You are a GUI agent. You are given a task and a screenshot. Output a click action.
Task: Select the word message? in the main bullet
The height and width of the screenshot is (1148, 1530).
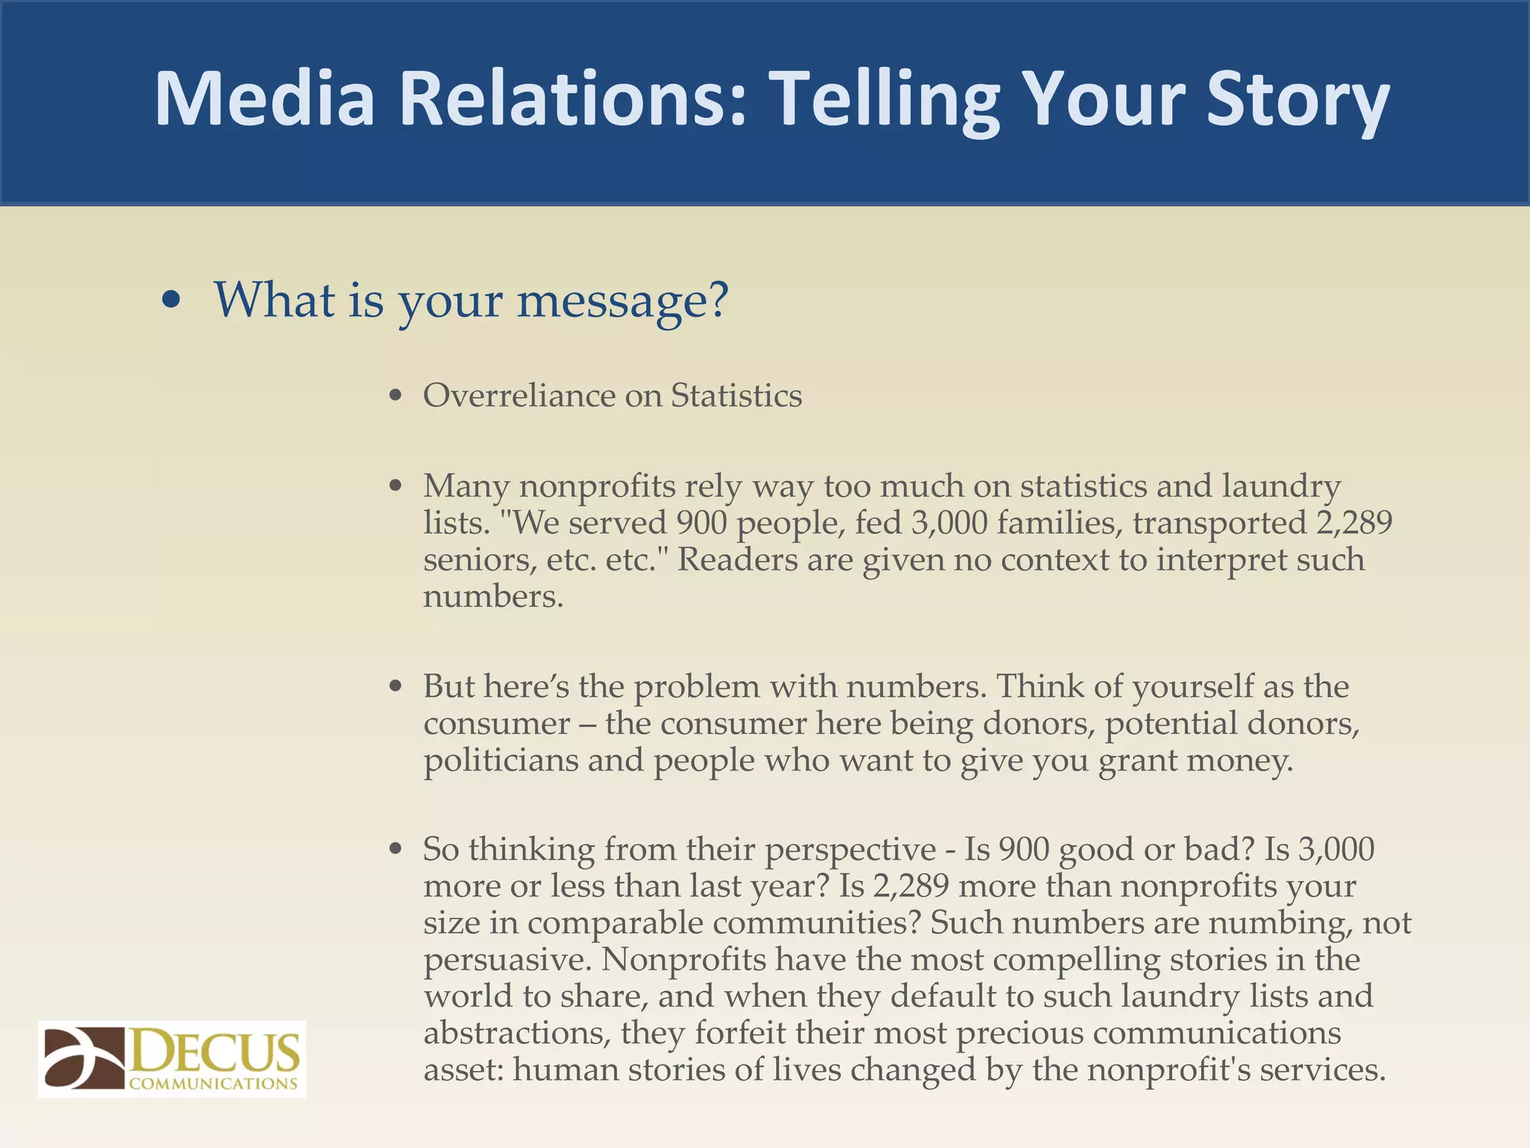[622, 300]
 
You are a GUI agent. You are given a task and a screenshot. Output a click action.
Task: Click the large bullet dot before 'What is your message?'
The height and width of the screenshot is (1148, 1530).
[172, 300]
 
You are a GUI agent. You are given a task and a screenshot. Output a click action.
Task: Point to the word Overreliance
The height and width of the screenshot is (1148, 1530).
[519, 395]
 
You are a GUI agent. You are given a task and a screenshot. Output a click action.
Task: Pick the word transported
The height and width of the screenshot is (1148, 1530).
[1219, 522]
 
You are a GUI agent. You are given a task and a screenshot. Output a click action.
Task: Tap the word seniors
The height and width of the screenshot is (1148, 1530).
[479, 559]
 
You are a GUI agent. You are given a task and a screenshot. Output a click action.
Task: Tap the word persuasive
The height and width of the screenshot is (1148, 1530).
[507, 960]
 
